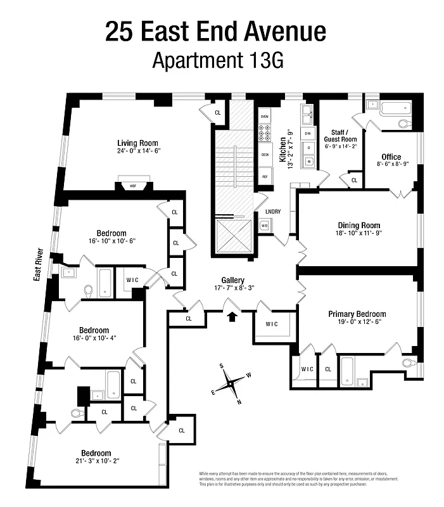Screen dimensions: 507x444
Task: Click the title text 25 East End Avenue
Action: tap(215, 31)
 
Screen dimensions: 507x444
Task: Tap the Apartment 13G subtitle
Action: tap(215, 61)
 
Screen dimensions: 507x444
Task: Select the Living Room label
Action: tap(137, 143)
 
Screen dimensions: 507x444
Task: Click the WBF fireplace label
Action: tap(133, 186)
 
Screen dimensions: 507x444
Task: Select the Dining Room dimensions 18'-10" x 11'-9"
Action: tap(359, 233)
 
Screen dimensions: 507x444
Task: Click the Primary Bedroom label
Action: tap(357, 314)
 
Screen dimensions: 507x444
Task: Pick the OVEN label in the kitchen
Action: tap(265, 117)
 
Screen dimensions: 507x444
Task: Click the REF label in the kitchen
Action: tap(265, 177)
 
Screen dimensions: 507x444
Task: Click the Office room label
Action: tap(391, 157)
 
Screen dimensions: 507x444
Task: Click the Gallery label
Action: tap(233, 279)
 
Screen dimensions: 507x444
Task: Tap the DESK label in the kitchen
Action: tap(265, 154)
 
